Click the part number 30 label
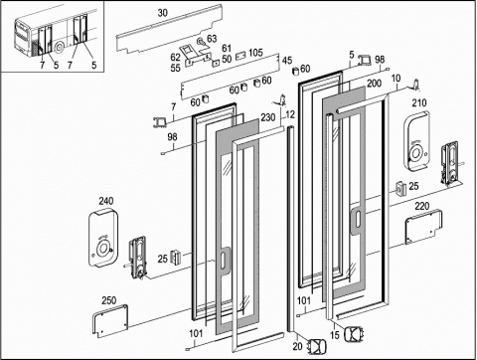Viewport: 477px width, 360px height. click(x=162, y=13)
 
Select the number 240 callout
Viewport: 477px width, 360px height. click(x=106, y=201)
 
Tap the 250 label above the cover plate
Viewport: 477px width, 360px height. click(x=108, y=300)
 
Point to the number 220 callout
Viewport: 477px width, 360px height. click(x=422, y=206)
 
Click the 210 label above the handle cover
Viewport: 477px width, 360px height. click(x=419, y=102)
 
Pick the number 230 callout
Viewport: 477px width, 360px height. click(x=267, y=117)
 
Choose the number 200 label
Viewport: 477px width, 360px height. click(x=374, y=83)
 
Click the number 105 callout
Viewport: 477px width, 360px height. click(x=255, y=53)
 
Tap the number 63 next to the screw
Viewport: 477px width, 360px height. click(x=212, y=39)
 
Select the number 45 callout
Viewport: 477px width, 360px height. click(x=287, y=61)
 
